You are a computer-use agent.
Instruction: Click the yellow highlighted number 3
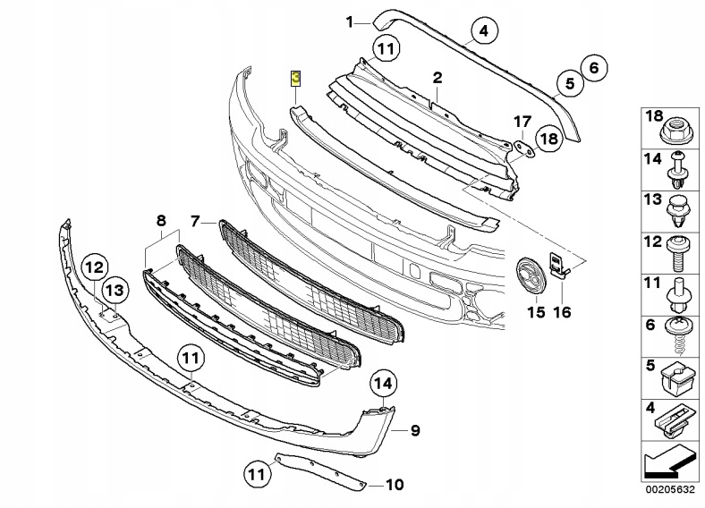click(x=296, y=78)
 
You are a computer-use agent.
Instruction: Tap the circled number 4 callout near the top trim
click(x=482, y=33)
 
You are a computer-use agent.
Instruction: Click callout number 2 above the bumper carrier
click(x=437, y=79)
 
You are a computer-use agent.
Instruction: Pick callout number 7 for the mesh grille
click(x=197, y=219)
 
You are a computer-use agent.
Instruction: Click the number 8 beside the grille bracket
click(x=161, y=219)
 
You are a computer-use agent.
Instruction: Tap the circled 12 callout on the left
click(x=95, y=266)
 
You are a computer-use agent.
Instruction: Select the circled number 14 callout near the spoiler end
click(x=382, y=384)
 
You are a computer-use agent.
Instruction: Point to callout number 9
click(x=415, y=431)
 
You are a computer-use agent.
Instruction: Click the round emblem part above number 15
click(x=530, y=274)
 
